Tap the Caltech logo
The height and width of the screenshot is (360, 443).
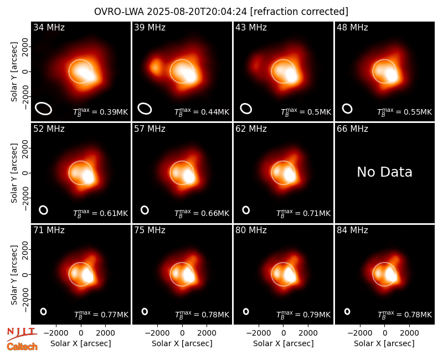[x=22, y=347]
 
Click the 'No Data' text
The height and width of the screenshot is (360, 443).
[x=384, y=172]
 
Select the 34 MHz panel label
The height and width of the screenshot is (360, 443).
[x=49, y=27]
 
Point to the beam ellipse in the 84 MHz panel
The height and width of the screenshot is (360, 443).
[x=347, y=311]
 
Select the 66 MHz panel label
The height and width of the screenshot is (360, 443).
[x=352, y=129]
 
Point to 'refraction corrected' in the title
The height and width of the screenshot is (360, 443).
[x=299, y=12]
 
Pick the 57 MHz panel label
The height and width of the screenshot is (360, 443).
[x=150, y=129]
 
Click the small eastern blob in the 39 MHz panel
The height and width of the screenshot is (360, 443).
[x=155, y=66]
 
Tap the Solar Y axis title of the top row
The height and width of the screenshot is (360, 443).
[x=14, y=72]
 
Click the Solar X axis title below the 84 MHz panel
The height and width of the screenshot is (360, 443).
[x=384, y=343]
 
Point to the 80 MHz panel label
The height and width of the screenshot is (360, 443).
[x=251, y=230]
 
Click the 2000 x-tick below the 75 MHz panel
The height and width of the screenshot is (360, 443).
[x=207, y=333]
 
